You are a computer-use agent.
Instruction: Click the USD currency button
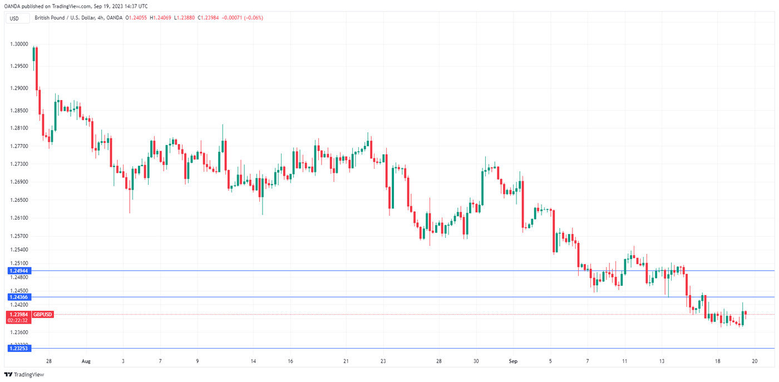(x=14, y=18)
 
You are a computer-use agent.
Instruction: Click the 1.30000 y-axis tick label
(x=19, y=44)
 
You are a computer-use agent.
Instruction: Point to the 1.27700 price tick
(x=19, y=146)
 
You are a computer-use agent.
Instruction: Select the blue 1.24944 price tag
(x=19, y=271)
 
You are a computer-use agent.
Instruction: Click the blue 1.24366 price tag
(x=19, y=297)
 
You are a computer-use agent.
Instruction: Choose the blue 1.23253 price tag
(x=19, y=348)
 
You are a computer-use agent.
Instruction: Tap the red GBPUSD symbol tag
(x=43, y=315)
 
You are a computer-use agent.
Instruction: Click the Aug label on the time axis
(x=86, y=361)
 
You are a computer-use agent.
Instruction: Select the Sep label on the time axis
(x=513, y=361)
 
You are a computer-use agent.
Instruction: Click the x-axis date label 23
(x=383, y=361)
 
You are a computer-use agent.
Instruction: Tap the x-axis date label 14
(x=253, y=361)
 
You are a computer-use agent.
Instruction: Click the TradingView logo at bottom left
(x=24, y=375)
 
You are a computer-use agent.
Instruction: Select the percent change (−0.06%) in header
(x=251, y=18)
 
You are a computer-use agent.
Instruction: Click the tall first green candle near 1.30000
(x=34, y=54)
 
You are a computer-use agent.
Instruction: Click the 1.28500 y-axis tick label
(x=19, y=111)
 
